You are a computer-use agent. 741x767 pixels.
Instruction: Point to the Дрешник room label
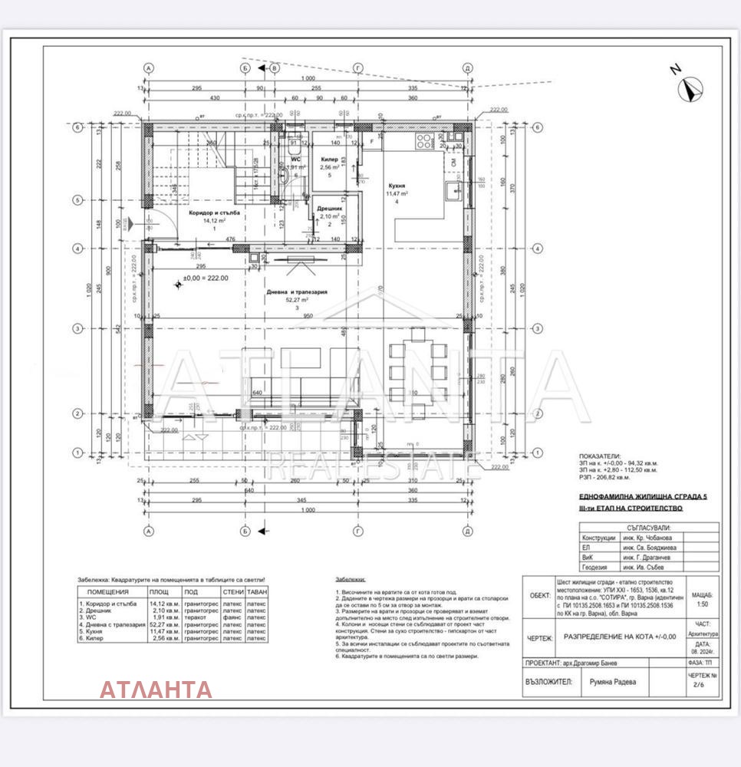(x=329, y=208)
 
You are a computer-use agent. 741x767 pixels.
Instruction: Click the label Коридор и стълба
(x=204, y=213)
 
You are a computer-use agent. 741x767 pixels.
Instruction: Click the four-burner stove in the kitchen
(x=424, y=142)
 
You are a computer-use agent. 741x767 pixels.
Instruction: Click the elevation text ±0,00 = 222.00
(x=206, y=278)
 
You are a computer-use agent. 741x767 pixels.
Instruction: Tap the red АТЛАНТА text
(x=156, y=689)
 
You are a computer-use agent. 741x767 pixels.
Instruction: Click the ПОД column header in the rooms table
(x=192, y=591)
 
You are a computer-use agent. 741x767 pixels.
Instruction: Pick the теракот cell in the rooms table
(x=195, y=617)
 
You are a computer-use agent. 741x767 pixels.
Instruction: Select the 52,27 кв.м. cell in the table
(x=163, y=624)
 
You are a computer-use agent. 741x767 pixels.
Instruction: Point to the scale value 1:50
(x=700, y=605)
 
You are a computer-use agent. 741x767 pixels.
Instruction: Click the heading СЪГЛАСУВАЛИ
(x=648, y=528)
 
